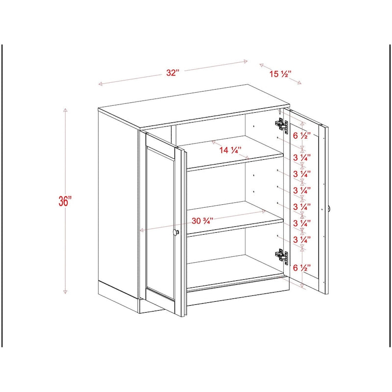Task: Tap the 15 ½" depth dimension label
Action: pyautogui.click(x=280, y=74)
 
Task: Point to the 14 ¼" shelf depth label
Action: pyautogui.click(x=230, y=150)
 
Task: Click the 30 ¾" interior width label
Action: pyautogui.click(x=201, y=221)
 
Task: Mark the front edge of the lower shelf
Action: pyautogui.click(x=235, y=228)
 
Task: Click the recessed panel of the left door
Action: pyautogui.click(x=160, y=223)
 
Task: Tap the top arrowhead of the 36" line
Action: pyautogui.click(x=65, y=110)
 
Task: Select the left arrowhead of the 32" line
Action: pyautogui.click(x=100, y=84)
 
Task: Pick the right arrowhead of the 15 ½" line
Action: pyautogui.click(x=300, y=83)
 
